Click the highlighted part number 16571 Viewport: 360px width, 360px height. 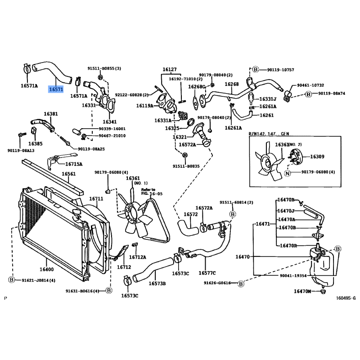point(56,90)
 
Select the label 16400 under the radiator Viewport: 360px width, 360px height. point(46,270)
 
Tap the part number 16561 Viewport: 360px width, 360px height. point(69,174)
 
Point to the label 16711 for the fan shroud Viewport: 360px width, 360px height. point(96,198)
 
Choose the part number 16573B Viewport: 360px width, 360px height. point(157,283)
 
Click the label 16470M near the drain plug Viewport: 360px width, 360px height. point(302,291)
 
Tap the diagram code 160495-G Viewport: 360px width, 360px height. point(345,297)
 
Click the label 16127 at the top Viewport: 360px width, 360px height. point(170,70)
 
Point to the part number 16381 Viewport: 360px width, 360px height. point(51,114)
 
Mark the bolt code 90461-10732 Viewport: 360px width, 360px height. point(310,85)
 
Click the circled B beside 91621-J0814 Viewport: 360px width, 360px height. point(12,280)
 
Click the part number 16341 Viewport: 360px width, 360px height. point(110,121)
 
